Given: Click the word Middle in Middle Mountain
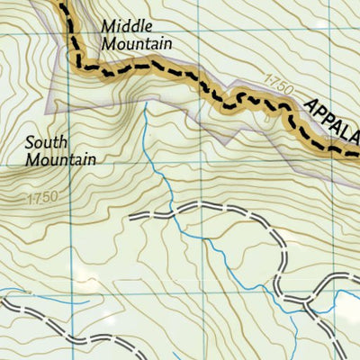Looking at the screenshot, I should tap(121, 26).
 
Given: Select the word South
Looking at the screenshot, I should tap(45, 141).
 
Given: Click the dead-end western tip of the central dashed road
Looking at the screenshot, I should tap(131, 217).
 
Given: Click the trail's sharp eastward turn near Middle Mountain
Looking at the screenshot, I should tap(81, 65).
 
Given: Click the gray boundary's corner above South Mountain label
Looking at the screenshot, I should tap(70, 91).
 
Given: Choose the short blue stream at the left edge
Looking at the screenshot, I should tap(18, 291).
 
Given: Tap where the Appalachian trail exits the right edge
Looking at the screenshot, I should tap(357, 152).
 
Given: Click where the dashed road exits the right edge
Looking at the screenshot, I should tap(357, 274).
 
